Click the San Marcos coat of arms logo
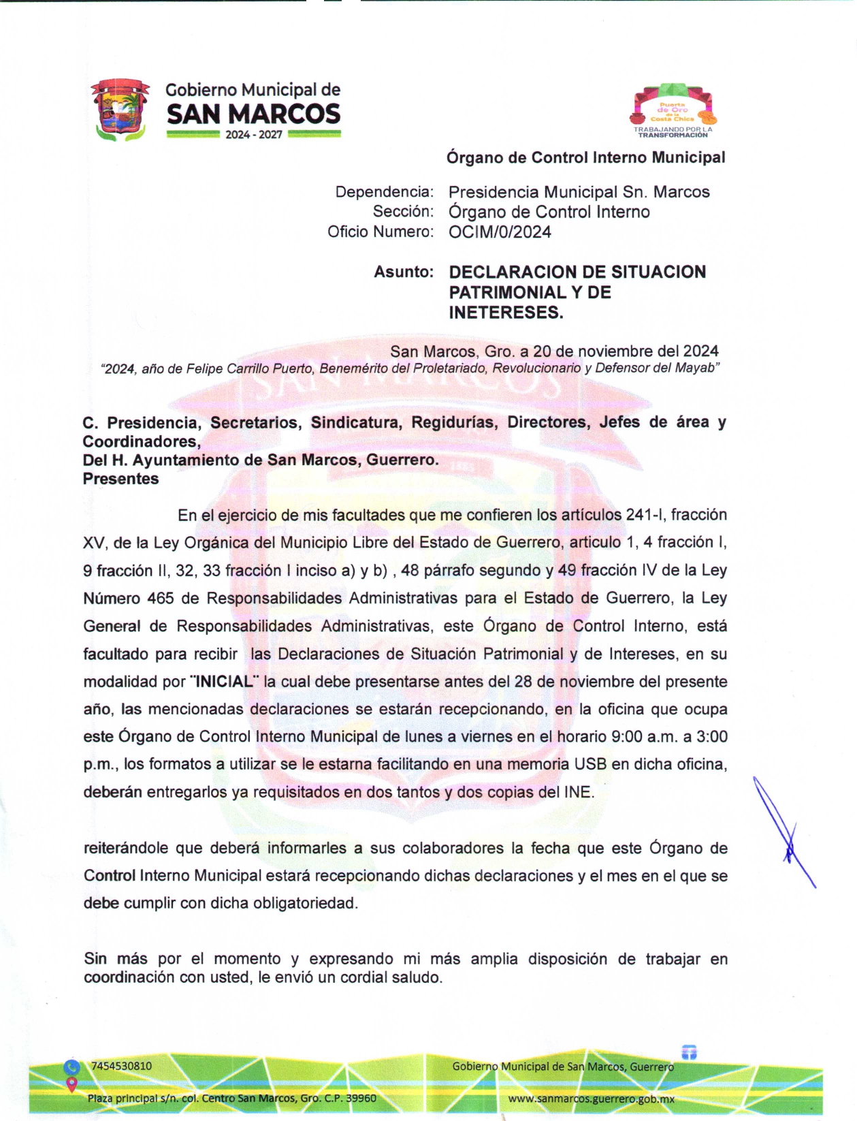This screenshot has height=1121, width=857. tap(120, 110)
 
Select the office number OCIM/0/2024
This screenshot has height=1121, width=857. tap(500, 232)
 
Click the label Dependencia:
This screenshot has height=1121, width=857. tap(384, 192)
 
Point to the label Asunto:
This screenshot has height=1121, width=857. tap(404, 272)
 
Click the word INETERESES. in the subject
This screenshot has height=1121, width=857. tap(506, 313)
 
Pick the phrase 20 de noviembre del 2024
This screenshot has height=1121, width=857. tap(626, 351)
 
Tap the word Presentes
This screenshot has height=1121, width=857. tap(120, 479)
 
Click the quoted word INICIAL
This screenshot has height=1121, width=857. tap(225, 682)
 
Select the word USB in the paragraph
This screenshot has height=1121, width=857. tap(590, 764)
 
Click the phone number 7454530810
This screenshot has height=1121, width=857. tap(121, 1066)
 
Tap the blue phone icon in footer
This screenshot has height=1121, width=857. tap(71, 1067)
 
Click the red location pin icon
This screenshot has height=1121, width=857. tap(71, 1084)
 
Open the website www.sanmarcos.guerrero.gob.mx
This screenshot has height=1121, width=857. tap(591, 1099)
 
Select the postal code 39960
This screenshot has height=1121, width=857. tap(360, 1098)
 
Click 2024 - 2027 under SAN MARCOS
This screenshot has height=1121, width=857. tap(254, 135)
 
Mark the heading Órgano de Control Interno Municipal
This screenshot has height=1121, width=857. tap(585, 158)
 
